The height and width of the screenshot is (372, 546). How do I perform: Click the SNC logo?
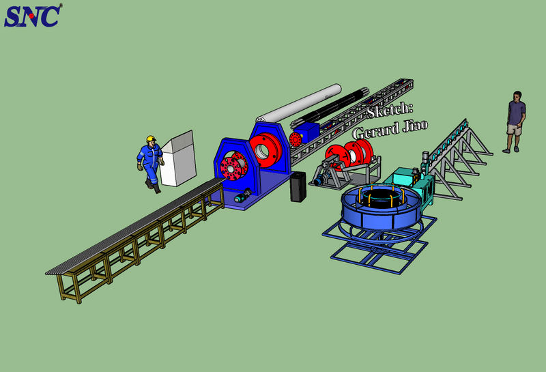tap(33, 16)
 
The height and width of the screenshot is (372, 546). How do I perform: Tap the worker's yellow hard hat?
tap(151, 139)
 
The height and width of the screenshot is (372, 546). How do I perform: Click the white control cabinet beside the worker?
tap(178, 158)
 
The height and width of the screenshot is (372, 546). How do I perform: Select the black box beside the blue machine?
tap(298, 187)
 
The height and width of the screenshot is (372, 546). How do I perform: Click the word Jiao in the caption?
tap(415, 126)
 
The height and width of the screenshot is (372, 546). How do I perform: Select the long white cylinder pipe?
tap(299, 103)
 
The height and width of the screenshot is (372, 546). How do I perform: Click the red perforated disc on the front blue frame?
tap(231, 169)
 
